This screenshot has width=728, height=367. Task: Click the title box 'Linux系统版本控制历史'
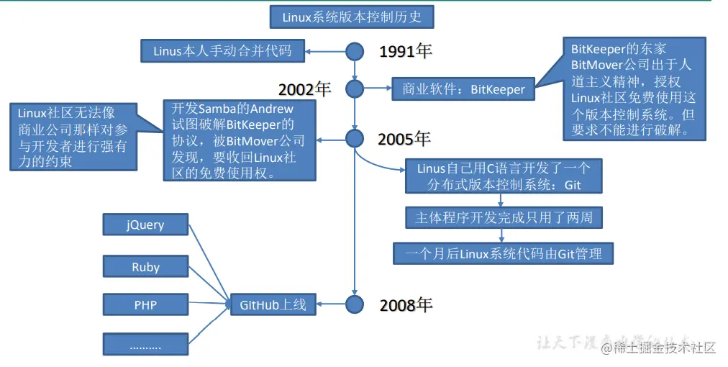(352, 17)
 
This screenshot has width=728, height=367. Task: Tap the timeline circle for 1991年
(355, 52)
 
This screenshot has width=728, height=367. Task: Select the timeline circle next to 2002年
(355, 89)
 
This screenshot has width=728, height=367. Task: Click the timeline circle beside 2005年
(355, 138)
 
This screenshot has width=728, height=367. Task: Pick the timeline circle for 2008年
(355, 304)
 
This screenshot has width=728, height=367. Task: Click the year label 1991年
(405, 52)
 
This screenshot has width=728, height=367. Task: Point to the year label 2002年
(304, 89)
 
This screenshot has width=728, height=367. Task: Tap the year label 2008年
(406, 304)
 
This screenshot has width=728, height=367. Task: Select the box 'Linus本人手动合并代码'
(222, 52)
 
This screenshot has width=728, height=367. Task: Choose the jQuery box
(145, 225)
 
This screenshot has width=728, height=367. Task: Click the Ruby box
(145, 267)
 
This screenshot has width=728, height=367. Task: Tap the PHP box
(145, 305)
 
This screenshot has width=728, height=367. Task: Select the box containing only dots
(145, 346)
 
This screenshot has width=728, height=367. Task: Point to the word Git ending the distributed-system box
(572, 185)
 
